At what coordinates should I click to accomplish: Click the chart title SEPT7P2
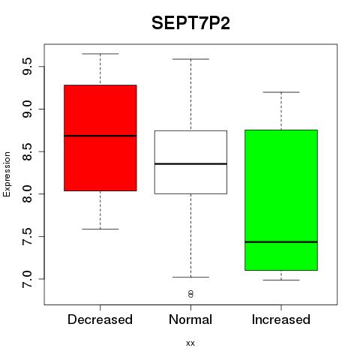190,23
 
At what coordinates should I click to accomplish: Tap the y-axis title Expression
7,174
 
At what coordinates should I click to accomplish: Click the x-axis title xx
190,343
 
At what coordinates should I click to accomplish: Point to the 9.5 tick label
27,67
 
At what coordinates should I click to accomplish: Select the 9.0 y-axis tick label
27,109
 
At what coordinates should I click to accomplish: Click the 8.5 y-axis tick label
27,151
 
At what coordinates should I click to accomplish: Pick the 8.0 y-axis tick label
27,193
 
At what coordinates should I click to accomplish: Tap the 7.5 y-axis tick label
27,236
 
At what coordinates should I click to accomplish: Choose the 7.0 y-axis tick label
27,279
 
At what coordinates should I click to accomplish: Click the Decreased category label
100,319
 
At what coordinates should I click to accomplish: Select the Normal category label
190,319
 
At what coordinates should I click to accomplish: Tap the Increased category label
281,319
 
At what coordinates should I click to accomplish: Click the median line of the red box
100,136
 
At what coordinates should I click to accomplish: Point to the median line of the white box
190,163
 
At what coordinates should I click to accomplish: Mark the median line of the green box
281,241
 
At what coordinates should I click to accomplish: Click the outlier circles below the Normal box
190,294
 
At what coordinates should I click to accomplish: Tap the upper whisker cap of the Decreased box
100,54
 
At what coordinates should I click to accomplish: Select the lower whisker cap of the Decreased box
100,229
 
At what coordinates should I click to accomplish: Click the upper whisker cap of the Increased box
281,92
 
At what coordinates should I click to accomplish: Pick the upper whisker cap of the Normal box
190,59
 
